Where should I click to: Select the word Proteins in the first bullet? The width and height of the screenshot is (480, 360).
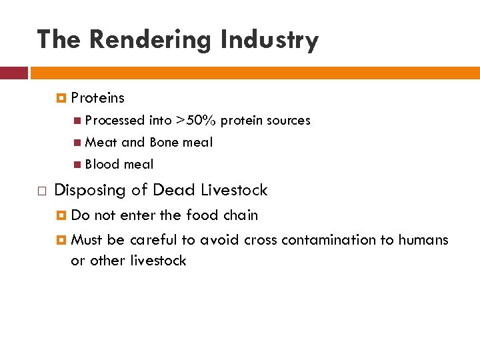click(x=97, y=98)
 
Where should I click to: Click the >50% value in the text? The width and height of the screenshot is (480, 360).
click(x=196, y=121)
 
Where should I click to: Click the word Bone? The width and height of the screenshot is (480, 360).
click(x=164, y=142)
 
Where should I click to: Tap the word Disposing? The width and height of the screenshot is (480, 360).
click(x=89, y=191)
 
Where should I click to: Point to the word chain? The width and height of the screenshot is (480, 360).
click(x=240, y=215)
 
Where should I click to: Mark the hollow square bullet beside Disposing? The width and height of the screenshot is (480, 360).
click(x=41, y=191)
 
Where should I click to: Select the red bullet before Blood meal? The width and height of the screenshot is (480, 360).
click(x=78, y=165)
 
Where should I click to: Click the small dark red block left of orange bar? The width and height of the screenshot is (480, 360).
click(x=13, y=73)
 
